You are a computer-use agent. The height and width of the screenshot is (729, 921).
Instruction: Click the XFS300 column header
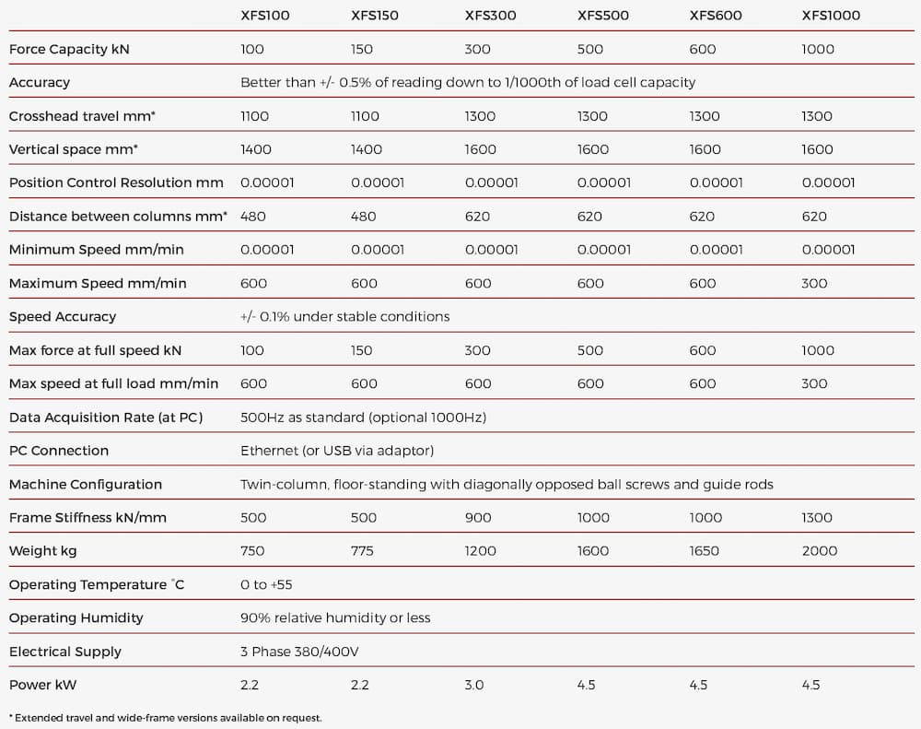click(491, 16)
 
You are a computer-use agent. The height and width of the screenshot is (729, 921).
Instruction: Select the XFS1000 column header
click(831, 16)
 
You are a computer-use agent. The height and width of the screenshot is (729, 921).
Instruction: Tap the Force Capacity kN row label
click(69, 50)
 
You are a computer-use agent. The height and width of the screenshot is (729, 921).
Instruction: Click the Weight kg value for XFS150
click(362, 551)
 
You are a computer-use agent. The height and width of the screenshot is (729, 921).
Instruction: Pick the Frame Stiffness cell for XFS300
click(478, 517)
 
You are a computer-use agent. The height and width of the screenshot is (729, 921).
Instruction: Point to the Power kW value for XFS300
click(474, 685)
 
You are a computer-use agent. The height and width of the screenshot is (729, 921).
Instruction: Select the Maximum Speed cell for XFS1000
click(815, 283)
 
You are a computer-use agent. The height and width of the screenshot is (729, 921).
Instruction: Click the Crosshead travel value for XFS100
click(255, 116)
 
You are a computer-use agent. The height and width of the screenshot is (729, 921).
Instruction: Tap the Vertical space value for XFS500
click(592, 149)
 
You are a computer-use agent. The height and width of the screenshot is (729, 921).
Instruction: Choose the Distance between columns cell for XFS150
click(364, 217)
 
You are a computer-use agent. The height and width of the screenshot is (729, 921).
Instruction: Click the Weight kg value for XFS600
click(705, 551)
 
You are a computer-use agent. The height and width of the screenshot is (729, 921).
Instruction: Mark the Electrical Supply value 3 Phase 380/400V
click(299, 652)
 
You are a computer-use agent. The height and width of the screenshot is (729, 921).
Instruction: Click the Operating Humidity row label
click(76, 617)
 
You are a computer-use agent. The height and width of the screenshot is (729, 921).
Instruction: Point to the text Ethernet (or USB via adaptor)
click(337, 451)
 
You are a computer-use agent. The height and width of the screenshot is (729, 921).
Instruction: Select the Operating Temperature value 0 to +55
click(266, 584)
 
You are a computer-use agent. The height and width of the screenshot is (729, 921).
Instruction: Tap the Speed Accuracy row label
click(63, 317)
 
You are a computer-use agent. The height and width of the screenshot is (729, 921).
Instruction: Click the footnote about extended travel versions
click(166, 718)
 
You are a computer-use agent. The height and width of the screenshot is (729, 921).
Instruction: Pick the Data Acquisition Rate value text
click(364, 417)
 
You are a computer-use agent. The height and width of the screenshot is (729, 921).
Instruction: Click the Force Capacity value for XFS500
click(590, 50)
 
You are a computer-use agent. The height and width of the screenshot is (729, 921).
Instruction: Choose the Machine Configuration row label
click(86, 485)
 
